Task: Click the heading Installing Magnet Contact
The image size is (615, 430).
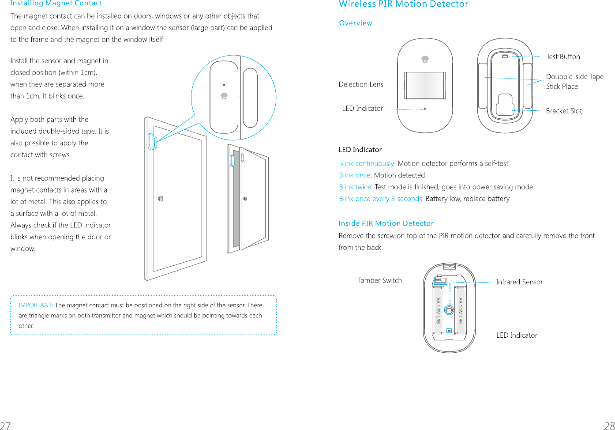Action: [x=56, y=4]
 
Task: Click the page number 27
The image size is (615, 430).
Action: [x=5, y=425]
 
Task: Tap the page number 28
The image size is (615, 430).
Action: [x=609, y=425]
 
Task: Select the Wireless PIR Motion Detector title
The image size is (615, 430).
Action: [x=403, y=4]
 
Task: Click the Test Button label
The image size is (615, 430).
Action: [x=563, y=57]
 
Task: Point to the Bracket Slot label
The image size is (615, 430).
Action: [x=563, y=111]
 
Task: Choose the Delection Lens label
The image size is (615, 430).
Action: [x=360, y=84]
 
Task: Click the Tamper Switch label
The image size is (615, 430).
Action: [x=379, y=280]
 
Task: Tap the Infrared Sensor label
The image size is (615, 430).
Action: [x=519, y=282]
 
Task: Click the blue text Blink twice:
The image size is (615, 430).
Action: [x=356, y=187]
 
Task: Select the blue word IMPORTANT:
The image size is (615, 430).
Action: [x=36, y=305]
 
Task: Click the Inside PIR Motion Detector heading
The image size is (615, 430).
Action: [x=386, y=223]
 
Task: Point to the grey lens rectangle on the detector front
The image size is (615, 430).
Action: [x=425, y=85]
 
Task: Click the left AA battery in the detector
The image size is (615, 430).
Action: [x=438, y=311]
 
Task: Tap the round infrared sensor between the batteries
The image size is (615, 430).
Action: [x=449, y=310]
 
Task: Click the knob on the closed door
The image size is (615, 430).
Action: [x=161, y=199]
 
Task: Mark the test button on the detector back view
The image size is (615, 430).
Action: [x=505, y=57]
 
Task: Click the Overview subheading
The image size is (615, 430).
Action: [x=355, y=23]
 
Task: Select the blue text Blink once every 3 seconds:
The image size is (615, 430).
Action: [x=381, y=199]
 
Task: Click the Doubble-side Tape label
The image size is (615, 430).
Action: [x=574, y=77]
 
